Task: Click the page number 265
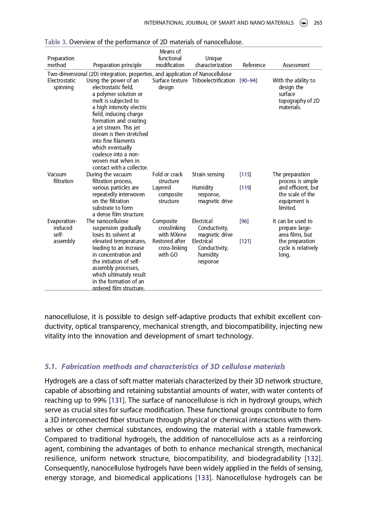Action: (318, 23)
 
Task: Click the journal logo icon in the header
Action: (304, 23)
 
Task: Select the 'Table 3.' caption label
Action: (56, 42)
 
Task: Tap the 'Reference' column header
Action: (254, 65)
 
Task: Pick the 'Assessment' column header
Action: (296, 65)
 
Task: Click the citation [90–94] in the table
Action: (248, 81)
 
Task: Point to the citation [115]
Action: (245, 175)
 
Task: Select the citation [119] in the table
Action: (245, 188)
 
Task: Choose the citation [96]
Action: (244, 221)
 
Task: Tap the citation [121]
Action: (245, 241)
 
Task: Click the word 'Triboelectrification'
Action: (213, 81)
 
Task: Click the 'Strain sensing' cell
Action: (208, 175)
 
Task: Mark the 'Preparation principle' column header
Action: (117, 65)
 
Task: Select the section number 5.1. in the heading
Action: (51, 367)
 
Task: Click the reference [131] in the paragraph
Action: (117, 401)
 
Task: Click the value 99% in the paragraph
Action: (100, 401)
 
